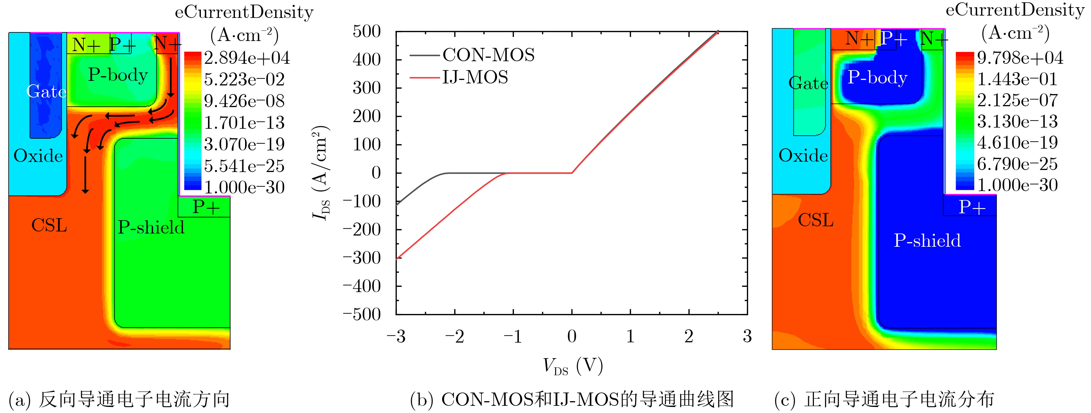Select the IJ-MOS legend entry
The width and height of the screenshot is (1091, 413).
tap(475, 78)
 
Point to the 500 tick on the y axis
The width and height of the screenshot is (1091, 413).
tap(367, 32)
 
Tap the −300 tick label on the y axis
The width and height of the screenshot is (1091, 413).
tap(362, 258)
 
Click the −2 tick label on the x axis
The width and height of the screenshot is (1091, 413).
tap(455, 337)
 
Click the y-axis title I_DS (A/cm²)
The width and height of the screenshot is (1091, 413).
tap(321, 173)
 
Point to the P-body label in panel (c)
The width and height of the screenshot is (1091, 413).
tap(877, 78)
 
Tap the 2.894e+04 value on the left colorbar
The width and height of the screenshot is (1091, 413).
tap(247, 58)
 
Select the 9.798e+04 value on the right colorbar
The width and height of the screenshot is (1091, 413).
tap(1020, 58)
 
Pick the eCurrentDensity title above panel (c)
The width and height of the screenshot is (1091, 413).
tap(1015, 10)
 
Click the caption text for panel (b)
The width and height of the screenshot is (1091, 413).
tap(572, 399)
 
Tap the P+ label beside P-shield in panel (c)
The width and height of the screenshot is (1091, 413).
tap(972, 207)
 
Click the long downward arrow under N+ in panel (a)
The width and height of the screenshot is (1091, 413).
tap(171, 76)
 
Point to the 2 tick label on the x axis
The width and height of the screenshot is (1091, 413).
tap(689, 337)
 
